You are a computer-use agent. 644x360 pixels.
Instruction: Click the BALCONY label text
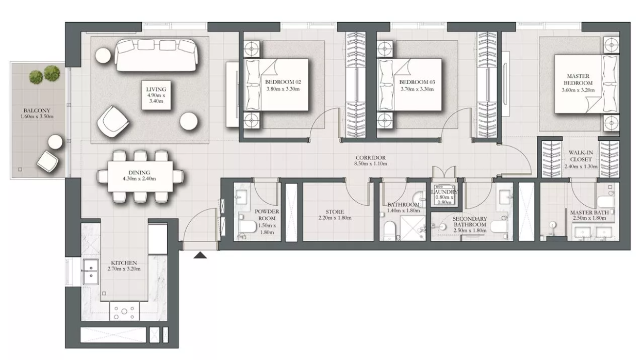click(37, 110)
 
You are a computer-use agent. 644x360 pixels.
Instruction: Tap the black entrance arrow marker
click(200, 255)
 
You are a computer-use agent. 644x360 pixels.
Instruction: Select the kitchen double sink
click(91, 272)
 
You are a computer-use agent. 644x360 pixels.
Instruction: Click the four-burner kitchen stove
click(124, 311)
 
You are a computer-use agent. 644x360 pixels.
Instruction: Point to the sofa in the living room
click(156, 55)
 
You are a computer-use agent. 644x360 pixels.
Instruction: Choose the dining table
click(140, 176)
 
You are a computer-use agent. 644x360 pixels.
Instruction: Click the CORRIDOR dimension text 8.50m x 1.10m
click(371, 164)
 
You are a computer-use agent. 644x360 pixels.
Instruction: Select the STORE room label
click(335, 212)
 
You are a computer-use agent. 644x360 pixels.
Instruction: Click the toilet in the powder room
click(247, 227)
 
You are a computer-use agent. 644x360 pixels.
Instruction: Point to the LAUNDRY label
click(444, 192)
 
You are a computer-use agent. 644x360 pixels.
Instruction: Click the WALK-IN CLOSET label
click(581, 156)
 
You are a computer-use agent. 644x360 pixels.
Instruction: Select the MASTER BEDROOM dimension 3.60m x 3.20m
click(578, 90)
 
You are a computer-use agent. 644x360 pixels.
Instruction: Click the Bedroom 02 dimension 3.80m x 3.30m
click(283, 89)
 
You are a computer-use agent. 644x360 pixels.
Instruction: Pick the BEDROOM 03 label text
click(417, 82)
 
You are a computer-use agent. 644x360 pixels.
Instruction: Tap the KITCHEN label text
click(124, 263)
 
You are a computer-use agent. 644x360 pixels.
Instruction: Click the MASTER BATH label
click(589, 212)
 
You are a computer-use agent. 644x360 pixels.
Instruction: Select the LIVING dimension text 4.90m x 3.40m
click(156, 98)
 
